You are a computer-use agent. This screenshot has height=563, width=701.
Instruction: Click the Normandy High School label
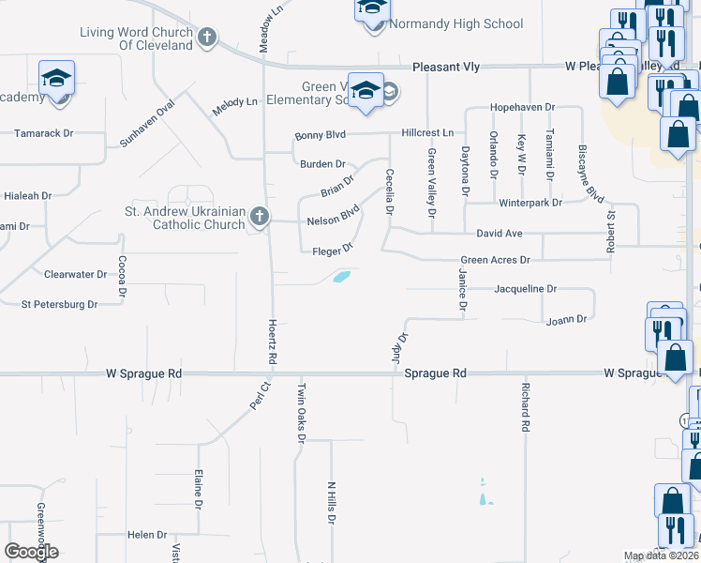pyautogui.click(x=455, y=24)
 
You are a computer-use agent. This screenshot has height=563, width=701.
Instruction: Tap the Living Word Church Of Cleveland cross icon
pyautogui.click(x=207, y=38)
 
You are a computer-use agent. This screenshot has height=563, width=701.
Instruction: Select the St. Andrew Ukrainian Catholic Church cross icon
pyautogui.click(x=259, y=218)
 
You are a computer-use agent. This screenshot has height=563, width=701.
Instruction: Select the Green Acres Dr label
pyautogui.click(x=495, y=260)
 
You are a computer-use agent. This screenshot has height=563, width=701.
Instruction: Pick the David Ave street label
pyautogui.click(x=500, y=232)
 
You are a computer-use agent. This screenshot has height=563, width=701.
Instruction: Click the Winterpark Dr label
pyautogui.click(x=530, y=202)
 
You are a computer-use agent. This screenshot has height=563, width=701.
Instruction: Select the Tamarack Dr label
pyautogui.click(x=43, y=133)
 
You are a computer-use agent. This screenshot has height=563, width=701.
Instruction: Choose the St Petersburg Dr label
pyautogui.click(x=59, y=304)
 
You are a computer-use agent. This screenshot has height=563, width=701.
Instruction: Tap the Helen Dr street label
pyautogui.click(x=147, y=535)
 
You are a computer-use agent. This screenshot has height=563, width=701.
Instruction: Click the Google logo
pyautogui.click(x=32, y=552)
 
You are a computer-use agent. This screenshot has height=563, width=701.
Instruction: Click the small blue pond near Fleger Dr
pyautogui.click(x=342, y=277)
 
